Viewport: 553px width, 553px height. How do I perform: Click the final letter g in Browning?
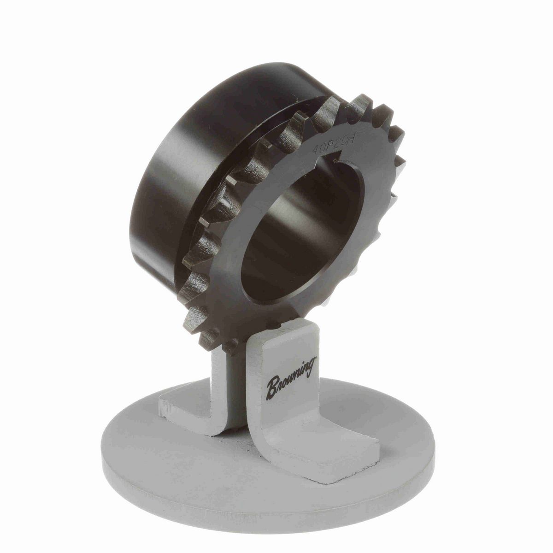(x=311, y=369)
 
